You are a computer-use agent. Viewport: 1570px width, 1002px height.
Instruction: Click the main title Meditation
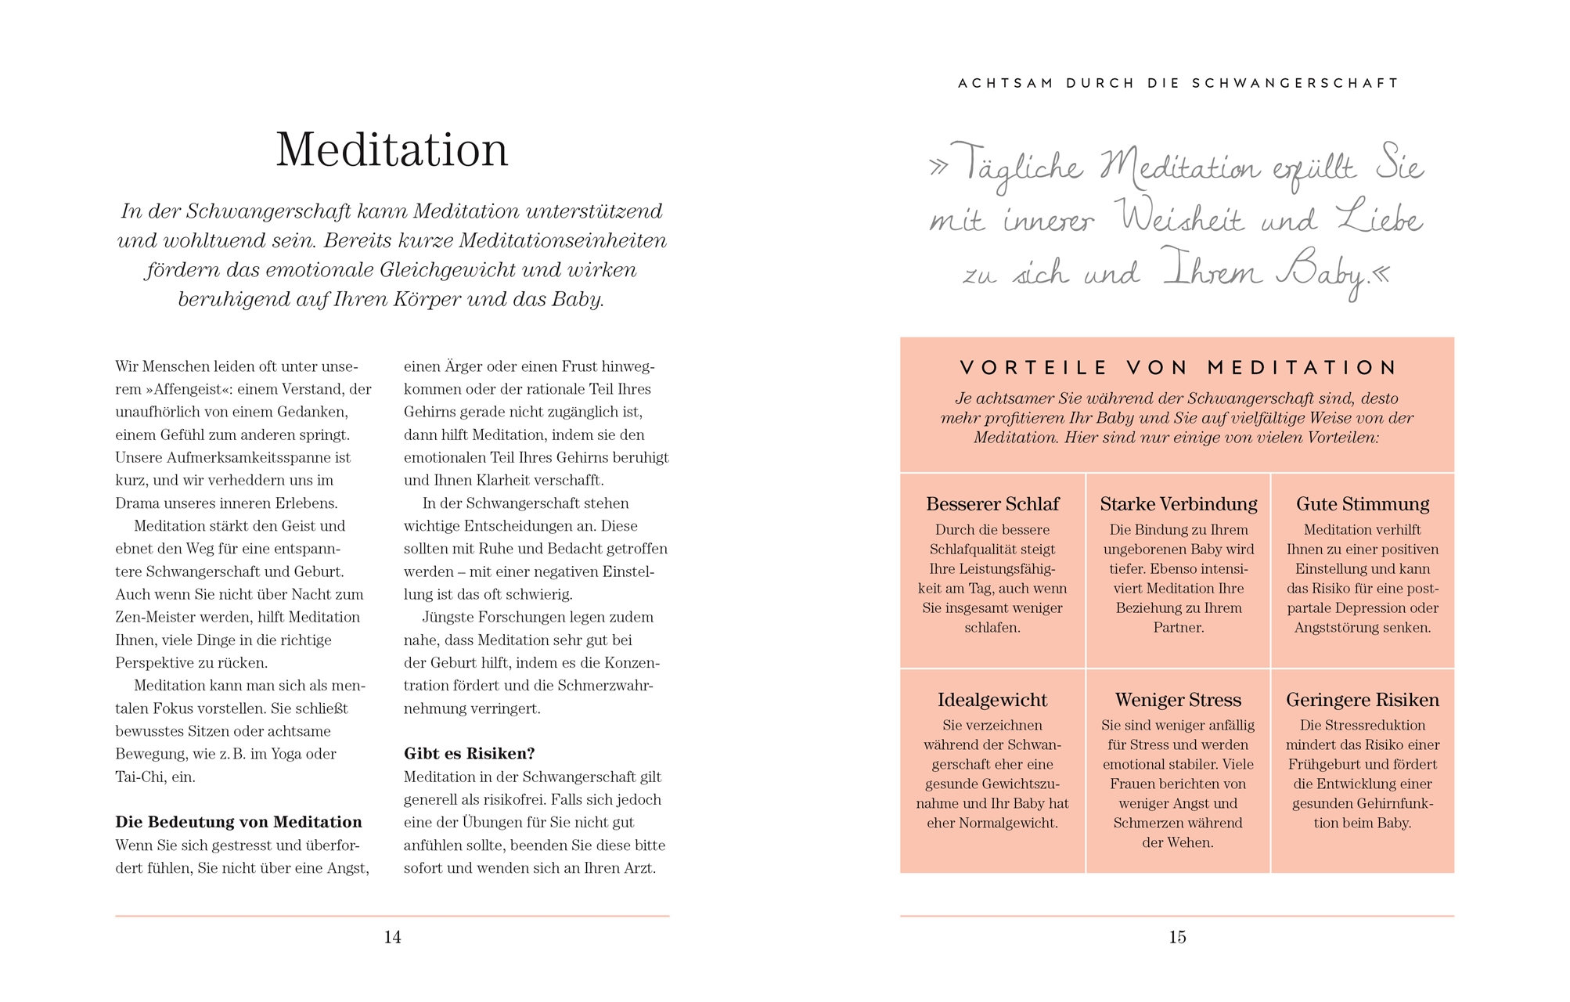tap(392, 150)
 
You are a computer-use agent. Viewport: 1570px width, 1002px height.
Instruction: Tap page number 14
tap(392, 937)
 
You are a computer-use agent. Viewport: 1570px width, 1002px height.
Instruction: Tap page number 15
tap(1177, 937)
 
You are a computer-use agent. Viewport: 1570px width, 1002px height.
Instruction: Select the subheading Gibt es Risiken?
tap(469, 754)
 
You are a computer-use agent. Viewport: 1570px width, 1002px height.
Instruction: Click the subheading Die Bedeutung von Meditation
tap(239, 822)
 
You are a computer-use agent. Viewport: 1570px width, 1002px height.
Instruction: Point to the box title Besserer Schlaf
tap(992, 504)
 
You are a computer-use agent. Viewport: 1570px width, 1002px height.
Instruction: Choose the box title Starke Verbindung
tap(1178, 504)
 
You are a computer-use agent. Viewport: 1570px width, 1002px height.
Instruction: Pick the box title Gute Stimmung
tap(1363, 504)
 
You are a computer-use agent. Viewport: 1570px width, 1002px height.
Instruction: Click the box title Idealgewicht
tap(992, 700)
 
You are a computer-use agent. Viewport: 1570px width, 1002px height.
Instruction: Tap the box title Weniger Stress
tap(1178, 700)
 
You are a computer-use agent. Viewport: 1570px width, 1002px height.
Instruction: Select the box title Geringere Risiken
tap(1363, 700)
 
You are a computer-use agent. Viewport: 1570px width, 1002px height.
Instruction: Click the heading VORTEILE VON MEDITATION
tap(1178, 368)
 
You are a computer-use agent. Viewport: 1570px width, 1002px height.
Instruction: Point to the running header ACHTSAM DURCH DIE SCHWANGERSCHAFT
tap(1178, 83)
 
